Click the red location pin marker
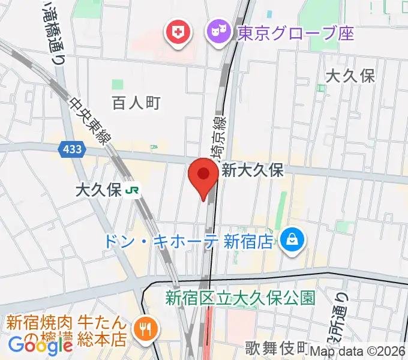pyautogui.click(x=203, y=175)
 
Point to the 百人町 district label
pyautogui.click(x=136, y=103)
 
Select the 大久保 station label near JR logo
pyautogui.click(x=98, y=191)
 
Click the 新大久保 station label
pyautogui.click(x=252, y=170)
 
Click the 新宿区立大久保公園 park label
pyautogui.click(x=241, y=296)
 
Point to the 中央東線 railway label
pyautogui.click(x=89, y=121)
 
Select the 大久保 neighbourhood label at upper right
pyautogui.click(x=350, y=76)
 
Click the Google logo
pyautogui.click(x=40, y=345)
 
